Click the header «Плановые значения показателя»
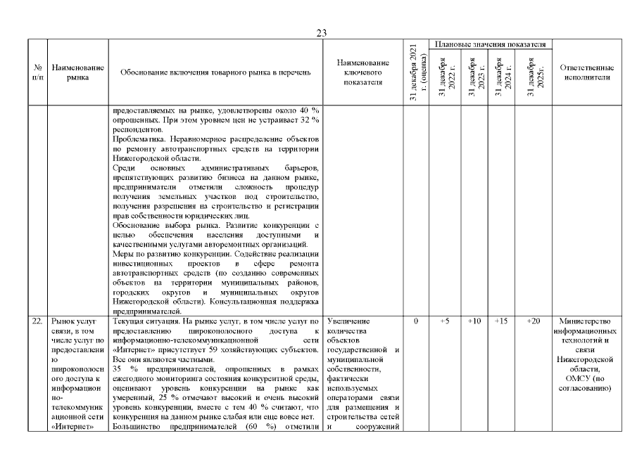pos(491,44)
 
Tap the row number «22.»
pos(37,321)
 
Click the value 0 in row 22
pos(417,321)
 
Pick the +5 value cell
pos(445,321)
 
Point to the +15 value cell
pos(503,321)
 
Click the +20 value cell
pos(533,321)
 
